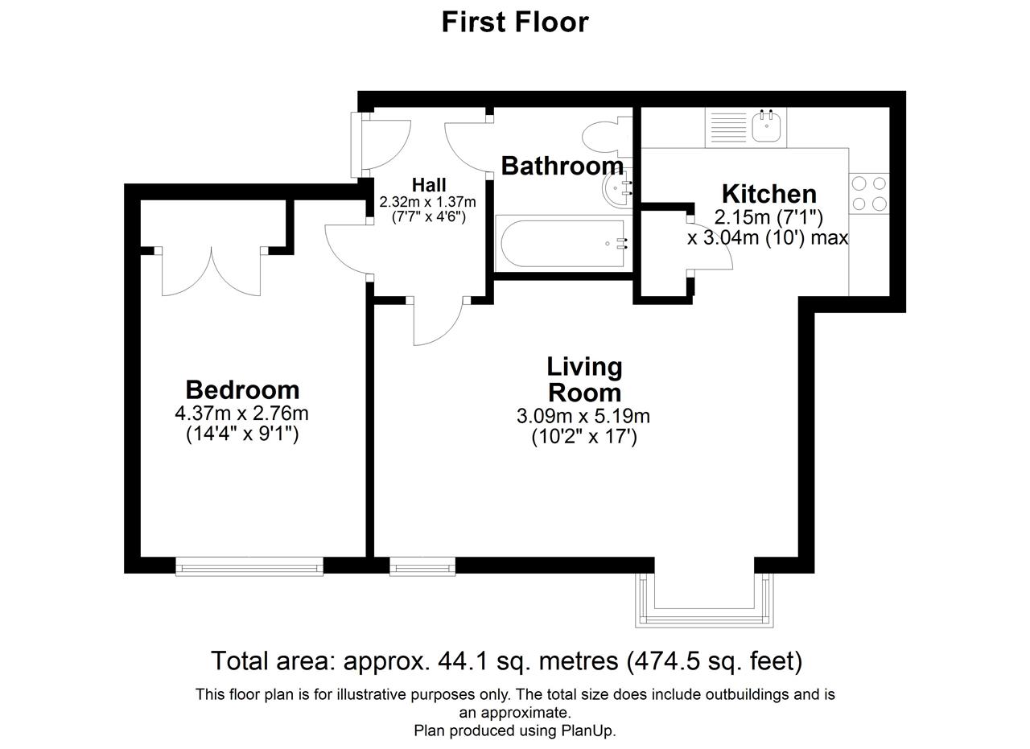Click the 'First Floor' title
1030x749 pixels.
515,22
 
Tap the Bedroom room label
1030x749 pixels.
242,390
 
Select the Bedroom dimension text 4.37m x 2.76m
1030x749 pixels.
241,414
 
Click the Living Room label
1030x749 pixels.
584,380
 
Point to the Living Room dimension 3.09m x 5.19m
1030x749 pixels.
583,416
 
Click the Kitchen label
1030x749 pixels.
769,194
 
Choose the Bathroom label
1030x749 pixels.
562,166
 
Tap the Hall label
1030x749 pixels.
429,185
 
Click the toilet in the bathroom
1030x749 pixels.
608,137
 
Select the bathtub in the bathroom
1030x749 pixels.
562,243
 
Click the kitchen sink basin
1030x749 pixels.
766,126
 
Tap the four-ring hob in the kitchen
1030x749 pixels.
869,194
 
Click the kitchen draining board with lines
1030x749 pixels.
728,127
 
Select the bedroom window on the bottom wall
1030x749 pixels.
249,566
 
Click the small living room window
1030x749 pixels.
422,566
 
